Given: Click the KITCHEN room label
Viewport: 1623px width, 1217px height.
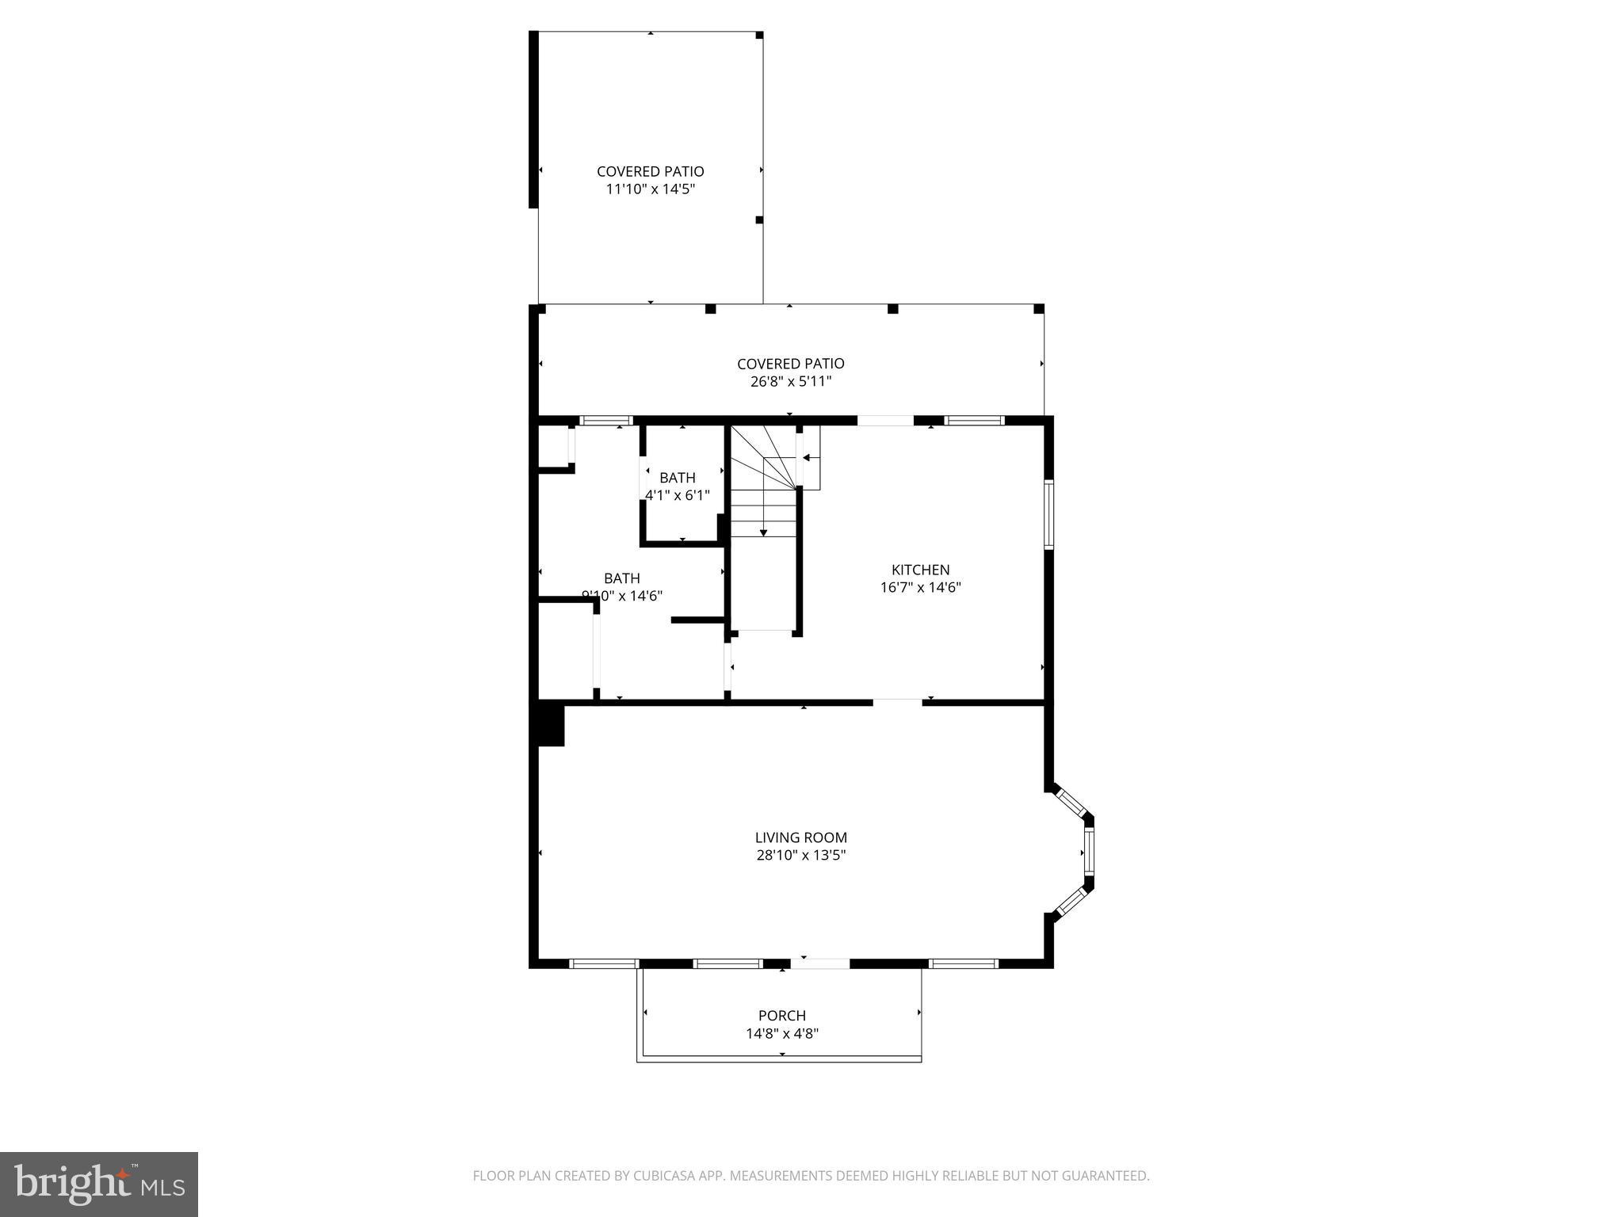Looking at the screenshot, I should (920, 570).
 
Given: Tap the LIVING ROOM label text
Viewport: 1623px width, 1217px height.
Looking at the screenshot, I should (800, 837).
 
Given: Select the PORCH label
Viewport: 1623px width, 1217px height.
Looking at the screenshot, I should (781, 1016).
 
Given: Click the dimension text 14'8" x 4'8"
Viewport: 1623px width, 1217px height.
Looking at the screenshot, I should (781, 1034).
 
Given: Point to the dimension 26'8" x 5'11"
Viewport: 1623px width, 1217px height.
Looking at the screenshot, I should (790, 382).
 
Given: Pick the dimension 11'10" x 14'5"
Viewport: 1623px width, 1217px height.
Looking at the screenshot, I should (650, 189).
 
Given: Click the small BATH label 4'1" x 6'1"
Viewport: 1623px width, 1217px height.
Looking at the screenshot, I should (678, 478).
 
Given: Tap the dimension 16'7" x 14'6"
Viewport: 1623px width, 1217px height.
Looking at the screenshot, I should (920, 588).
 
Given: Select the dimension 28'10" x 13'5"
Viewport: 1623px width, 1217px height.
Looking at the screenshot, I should (800, 856).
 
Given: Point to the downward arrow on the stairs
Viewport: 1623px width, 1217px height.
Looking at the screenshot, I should (763, 531).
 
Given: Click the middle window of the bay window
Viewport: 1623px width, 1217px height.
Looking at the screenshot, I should (1089, 852).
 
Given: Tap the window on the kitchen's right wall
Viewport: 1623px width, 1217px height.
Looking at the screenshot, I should (1048, 514).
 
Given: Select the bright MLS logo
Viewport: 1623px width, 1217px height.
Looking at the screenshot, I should (98, 1184).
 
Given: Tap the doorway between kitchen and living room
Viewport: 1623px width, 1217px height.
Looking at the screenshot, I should (897, 702).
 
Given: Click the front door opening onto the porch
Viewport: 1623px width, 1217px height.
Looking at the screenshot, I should (819, 964).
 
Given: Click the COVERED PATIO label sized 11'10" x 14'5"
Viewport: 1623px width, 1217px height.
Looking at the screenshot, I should (650, 171).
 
